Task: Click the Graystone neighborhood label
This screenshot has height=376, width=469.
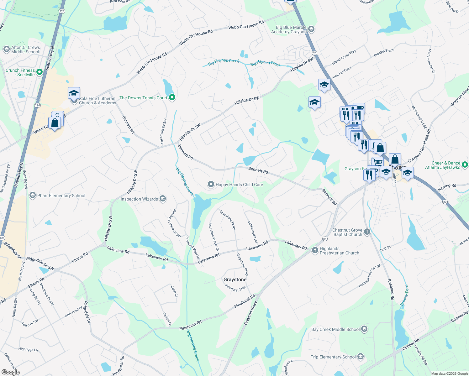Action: click(235, 279)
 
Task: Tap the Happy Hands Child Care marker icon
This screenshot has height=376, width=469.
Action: click(211, 184)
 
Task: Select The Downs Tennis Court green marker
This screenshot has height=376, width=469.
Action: click(172, 98)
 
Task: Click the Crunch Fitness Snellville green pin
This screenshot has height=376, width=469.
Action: click(40, 72)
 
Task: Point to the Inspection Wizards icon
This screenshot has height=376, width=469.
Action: click(162, 199)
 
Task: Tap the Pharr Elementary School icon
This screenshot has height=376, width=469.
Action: click(32, 196)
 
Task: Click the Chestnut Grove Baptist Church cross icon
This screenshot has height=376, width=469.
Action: click(367, 232)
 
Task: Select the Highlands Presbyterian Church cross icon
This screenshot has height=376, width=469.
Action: click(315, 251)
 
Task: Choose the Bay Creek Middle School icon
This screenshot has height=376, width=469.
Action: click(364, 329)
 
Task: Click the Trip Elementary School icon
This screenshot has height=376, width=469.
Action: click(360, 357)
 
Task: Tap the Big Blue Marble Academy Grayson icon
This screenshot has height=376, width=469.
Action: click(311, 29)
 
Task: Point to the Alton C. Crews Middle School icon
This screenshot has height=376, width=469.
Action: click(6, 50)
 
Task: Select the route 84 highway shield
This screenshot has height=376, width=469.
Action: click(325, 239)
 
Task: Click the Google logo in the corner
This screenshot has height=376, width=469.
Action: click(10, 372)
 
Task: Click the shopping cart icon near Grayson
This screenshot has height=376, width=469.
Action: click(378, 162)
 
